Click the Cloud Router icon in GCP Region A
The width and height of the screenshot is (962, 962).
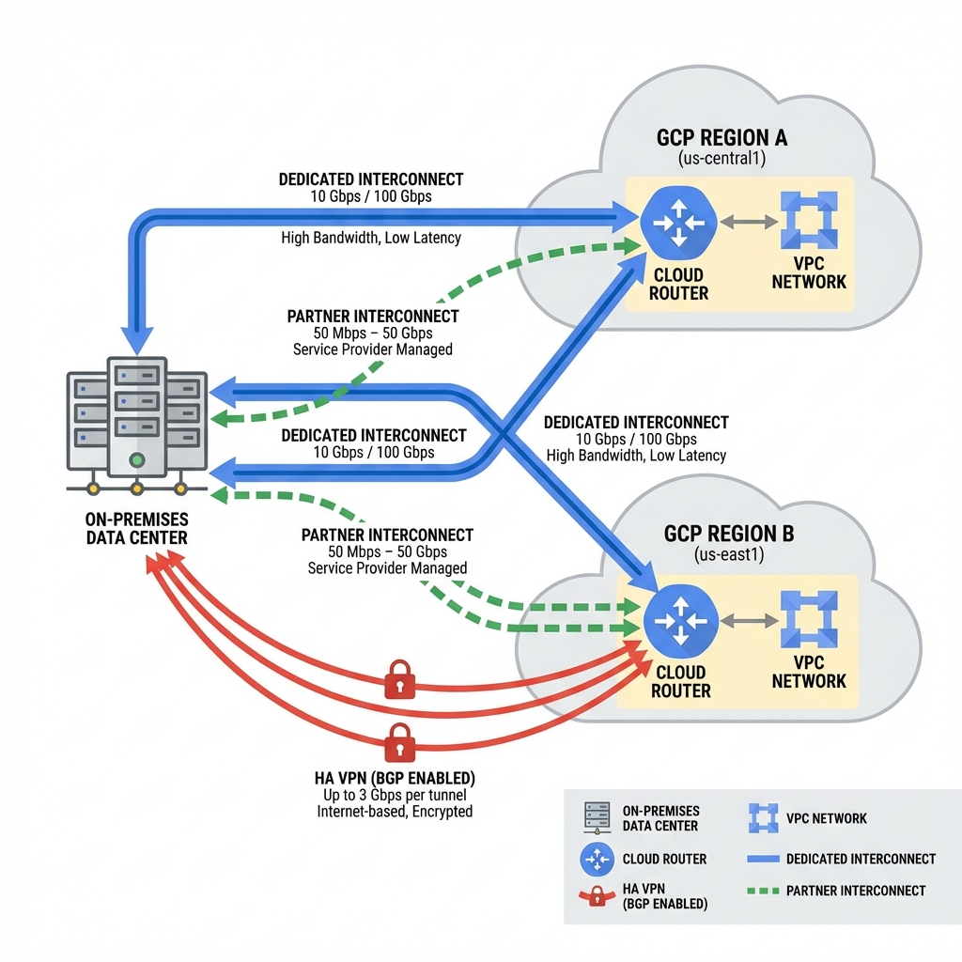pyautogui.click(x=678, y=223)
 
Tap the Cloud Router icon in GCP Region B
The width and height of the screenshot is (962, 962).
pyautogui.click(x=681, y=620)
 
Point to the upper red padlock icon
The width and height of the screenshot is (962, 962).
pyautogui.click(x=400, y=680)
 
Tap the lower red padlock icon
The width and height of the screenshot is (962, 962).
pyautogui.click(x=400, y=742)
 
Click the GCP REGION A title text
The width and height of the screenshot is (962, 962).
pyautogui.click(x=721, y=138)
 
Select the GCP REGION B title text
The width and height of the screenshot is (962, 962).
pyautogui.click(x=729, y=534)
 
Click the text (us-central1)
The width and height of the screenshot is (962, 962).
pyautogui.click(x=721, y=159)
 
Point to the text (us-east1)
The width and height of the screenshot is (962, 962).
pyautogui.click(x=729, y=555)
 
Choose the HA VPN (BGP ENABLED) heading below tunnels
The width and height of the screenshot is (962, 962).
pyautogui.click(x=395, y=778)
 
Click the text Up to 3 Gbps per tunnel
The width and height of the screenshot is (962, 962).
pyautogui.click(x=395, y=795)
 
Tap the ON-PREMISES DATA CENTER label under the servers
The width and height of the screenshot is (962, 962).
pyautogui.click(x=137, y=529)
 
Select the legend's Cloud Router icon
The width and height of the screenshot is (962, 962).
pyautogui.click(x=597, y=859)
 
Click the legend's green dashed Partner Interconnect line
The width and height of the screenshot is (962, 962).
pyautogui.click(x=762, y=891)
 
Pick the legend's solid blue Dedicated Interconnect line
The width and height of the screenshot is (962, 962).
pyautogui.click(x=762, y=859)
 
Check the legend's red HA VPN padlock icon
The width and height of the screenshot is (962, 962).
pyautogui.click(x=597, y=895)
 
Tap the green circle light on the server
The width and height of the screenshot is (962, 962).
pyautogui.click(x=137, y=460)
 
